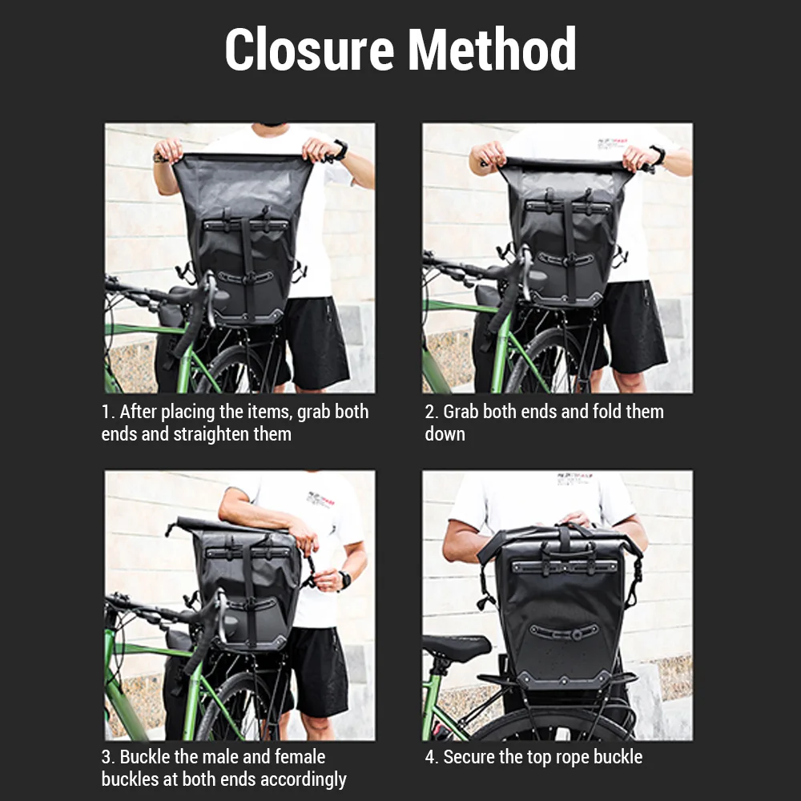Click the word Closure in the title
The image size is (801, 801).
tap(309, 49)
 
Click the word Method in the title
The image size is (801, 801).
tap(492, 49)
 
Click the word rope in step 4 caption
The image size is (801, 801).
tap(562, 758)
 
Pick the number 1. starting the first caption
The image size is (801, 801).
tap(108, 412)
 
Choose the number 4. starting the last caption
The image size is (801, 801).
tap(432, 757)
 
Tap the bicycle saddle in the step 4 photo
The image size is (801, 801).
tap(457, 646)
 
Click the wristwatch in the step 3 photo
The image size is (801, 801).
tap(345, 580)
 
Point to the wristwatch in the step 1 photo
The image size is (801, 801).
tap(340, 149)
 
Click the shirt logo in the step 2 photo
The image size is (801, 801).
tap(612, 144)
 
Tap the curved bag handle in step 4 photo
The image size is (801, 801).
tap(563, 634)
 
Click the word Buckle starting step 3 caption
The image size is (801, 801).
tap(145, 757)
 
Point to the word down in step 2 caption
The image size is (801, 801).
tap(445, 434)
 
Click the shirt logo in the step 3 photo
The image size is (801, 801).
tap(321, 499)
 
